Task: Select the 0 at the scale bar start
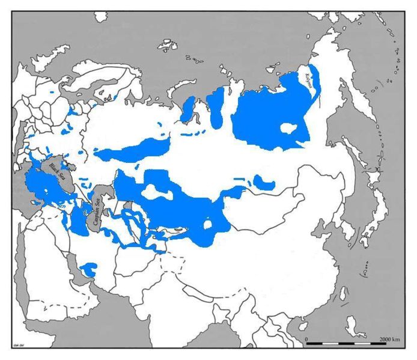(307, 341)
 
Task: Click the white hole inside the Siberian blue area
(290, 127)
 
